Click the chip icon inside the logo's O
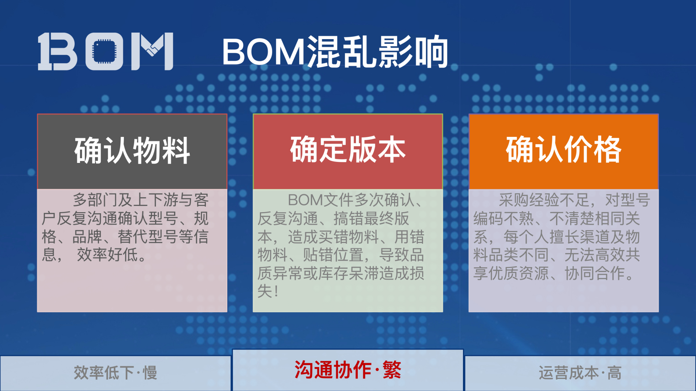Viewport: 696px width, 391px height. point(104,51)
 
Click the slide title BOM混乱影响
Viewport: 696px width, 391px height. point(335,52)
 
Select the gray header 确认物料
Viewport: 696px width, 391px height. point(132,151)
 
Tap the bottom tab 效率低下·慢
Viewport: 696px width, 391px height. point(115,373)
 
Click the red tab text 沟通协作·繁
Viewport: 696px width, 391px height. point(348,370)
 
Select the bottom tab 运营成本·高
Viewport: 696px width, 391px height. point(580,373)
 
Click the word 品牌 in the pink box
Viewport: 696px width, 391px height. point(87,237)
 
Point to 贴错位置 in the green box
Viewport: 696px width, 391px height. point(333,255)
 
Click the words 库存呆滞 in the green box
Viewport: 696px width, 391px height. point(341,273)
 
